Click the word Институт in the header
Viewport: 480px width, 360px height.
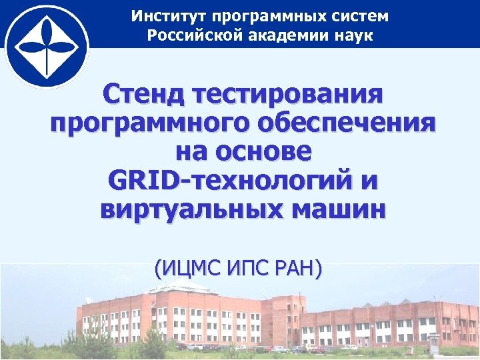point(161,15)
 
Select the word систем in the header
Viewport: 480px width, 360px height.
point(359,15)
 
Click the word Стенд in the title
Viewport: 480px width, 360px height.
point(143,94)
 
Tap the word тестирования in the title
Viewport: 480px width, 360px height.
point(287,94)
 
